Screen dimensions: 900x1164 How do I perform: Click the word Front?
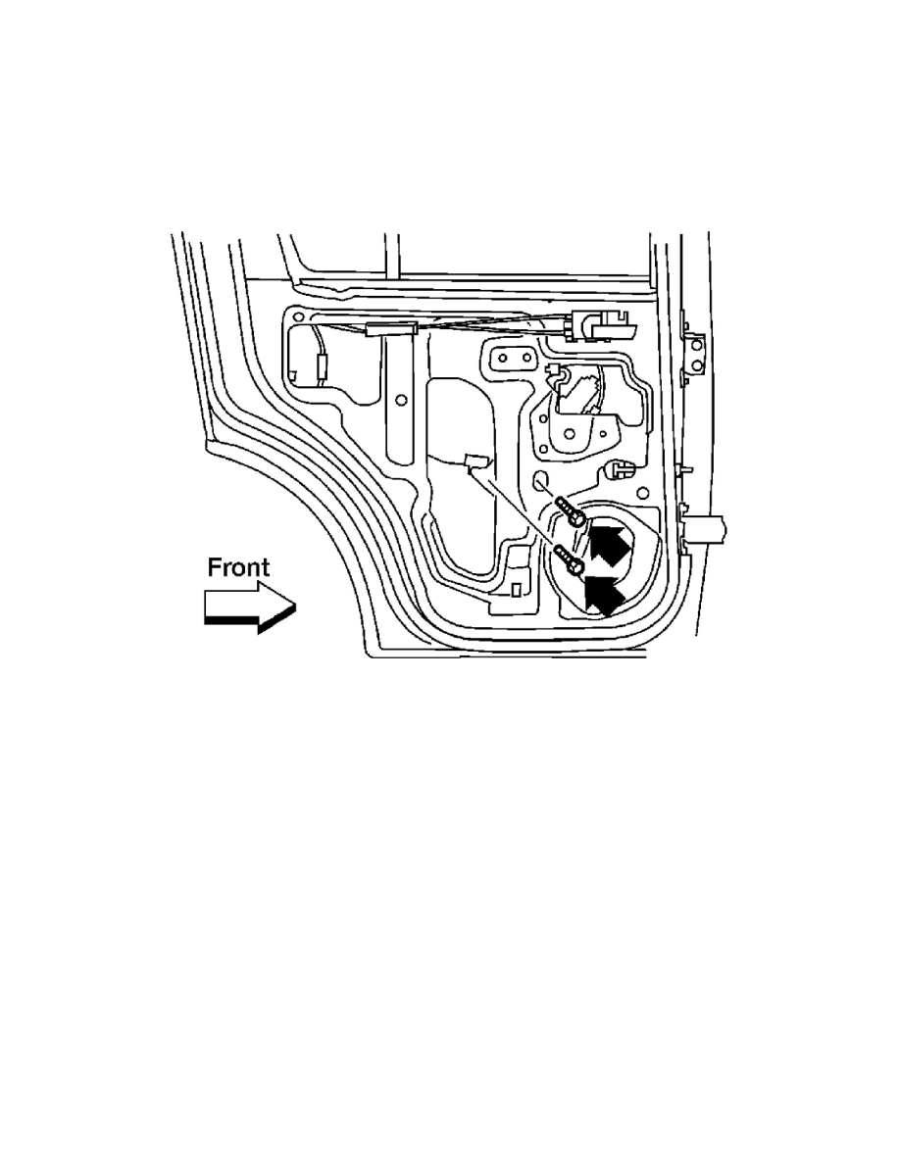coord(238,567)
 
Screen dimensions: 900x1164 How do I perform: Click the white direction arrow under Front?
coord(250,606)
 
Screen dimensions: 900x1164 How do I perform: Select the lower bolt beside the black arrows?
coord(569,559)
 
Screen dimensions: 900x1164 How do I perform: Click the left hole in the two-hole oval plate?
coord(503,358)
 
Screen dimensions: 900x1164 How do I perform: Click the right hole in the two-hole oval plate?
coord(525,358)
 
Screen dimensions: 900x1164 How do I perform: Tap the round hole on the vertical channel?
coord(401,400)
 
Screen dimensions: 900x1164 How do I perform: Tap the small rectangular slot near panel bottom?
coord(515,590)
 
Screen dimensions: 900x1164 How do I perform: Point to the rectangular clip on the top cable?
coord(390,329)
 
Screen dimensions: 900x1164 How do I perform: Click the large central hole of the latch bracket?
coord(570,434)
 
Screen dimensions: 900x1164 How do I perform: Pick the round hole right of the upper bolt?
coord(642,492)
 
